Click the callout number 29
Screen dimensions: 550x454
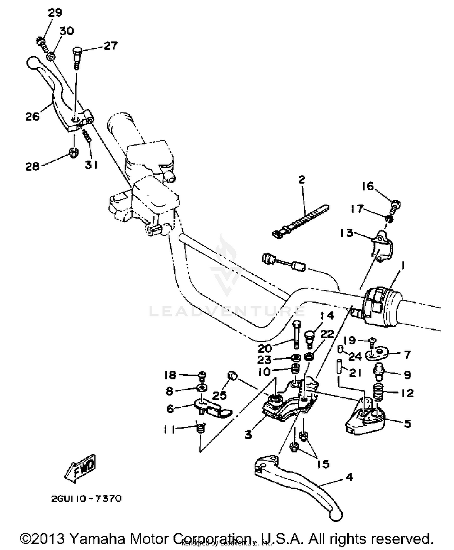coord(55,13)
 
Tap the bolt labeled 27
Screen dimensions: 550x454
coord(77,57)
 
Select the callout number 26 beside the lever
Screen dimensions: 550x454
coord(32,116)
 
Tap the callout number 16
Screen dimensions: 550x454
coord(368,186)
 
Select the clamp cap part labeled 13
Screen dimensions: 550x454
coord(382,245)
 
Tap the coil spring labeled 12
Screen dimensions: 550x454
coord(378,391)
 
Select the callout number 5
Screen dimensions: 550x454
coord(407,423)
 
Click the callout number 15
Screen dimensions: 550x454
coord(323,464)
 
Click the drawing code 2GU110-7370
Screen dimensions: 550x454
coord(86,499)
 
